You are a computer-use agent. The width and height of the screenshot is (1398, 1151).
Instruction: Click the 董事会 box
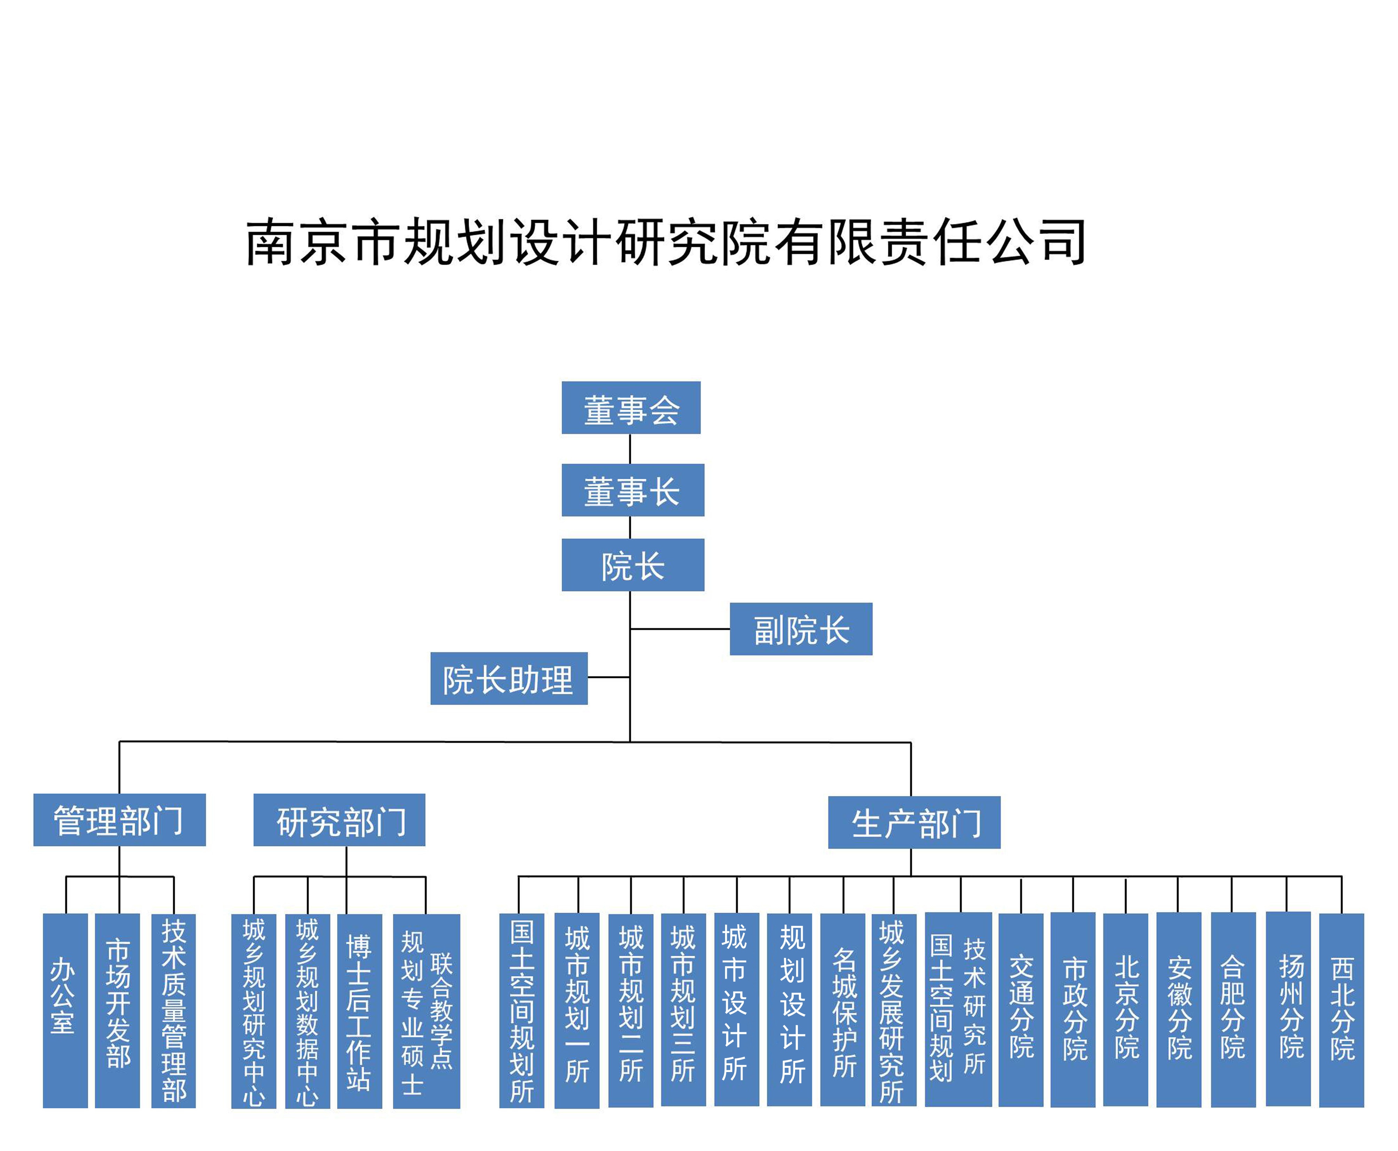coord(631,408)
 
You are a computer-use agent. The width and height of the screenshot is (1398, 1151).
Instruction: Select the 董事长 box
coord(633,490)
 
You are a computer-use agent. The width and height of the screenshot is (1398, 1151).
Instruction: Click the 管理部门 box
coord(119,820)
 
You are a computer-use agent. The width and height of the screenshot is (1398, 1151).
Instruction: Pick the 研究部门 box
coord(339,820)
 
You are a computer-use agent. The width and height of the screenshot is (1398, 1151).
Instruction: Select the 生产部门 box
coord(914,822)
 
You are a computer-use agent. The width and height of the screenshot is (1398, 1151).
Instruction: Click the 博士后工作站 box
coord(360,1011)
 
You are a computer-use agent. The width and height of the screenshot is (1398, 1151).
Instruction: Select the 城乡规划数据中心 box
coord(307,1011)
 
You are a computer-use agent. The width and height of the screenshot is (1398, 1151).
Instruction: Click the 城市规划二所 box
coord(631,1011)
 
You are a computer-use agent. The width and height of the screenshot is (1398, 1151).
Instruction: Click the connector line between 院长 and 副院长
coord(680,629)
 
